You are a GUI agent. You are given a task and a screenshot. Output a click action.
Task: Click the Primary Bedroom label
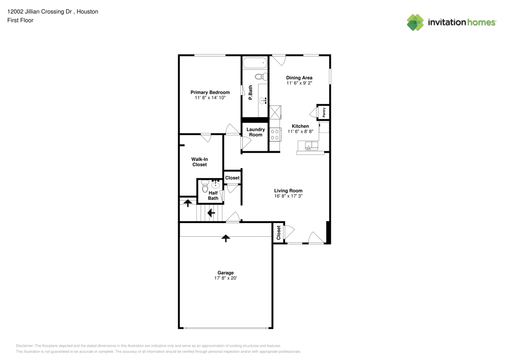(210, 92)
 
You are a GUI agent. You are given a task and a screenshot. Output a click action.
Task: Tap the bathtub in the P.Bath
(254, 64)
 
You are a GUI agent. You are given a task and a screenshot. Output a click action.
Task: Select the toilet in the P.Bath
(260, 77)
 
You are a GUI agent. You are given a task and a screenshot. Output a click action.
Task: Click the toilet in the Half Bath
(205, 189)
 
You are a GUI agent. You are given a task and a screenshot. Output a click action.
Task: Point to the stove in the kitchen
(275, 134)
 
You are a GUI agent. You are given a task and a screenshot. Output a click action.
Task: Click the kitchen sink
(309, 147)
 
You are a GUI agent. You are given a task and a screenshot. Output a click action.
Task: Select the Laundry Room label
(255, 132)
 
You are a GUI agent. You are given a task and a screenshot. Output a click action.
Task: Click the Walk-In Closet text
(199, 162)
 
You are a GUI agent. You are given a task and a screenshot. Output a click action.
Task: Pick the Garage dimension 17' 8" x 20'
(226, 279)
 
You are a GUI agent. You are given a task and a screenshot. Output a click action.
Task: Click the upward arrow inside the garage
(225, 237)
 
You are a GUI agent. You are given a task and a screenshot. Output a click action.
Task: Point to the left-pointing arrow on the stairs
(210, 212)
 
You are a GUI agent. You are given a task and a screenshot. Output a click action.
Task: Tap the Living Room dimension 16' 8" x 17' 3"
(288, 196)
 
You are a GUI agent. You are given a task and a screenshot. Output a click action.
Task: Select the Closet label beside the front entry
(278, 233)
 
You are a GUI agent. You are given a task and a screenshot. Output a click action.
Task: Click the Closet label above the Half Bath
(232, 178)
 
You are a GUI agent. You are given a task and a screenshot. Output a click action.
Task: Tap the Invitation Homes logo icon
(415, 22)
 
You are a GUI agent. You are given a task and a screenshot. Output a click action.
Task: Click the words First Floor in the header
(20, 20)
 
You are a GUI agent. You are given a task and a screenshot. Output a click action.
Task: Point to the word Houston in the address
(87, 11)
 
